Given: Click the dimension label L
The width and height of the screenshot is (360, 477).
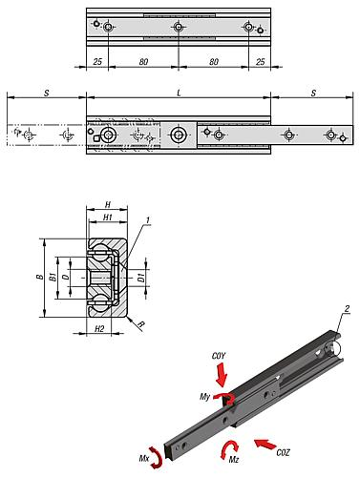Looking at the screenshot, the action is (x=179, y=93).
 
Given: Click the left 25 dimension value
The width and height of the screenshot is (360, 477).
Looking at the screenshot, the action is (x=97, y=61).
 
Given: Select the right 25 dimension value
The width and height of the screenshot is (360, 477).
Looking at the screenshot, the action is (x=260, y=61).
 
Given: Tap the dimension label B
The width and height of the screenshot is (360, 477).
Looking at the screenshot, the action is (x=40, y=277).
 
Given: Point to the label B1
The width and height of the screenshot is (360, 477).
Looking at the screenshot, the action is (x=53, y=277).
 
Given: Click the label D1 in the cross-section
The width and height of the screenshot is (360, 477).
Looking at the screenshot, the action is (x=141, y=278).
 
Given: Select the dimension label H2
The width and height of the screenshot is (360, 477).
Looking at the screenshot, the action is (x=99, y=328).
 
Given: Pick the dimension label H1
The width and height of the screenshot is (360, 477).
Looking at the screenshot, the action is (x=108, y=218).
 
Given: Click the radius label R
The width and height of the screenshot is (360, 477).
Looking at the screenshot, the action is (x=141, y=324).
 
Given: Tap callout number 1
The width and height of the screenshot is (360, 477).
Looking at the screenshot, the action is (x=148, y=220).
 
